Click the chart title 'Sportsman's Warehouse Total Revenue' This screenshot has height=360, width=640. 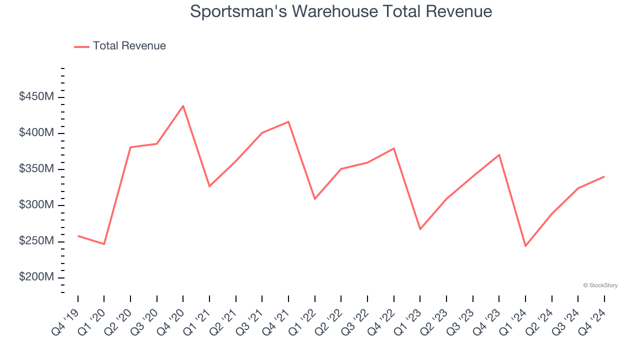point(341,11)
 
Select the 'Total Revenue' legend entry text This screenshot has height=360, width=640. point(129,46)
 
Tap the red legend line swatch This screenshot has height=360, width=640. point(81,46)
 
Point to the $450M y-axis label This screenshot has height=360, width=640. point(36,97)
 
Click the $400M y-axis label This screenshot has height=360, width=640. point(36,133)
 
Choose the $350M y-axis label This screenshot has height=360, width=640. point(36,169)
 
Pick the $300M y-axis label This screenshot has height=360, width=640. point(36,205)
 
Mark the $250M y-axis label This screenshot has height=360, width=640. point(36,241)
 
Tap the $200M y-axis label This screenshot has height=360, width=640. point(36,277)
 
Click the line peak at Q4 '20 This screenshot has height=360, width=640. point(183,106)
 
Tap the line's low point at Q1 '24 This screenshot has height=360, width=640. point(525,246)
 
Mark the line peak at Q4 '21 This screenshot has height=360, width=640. point(288,121)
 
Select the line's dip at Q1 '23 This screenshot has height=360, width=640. point(420,229)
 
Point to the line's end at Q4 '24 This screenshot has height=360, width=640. point(604,176)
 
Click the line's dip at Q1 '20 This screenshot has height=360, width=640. point(104,244)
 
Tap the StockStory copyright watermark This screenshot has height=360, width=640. point(600,285)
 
